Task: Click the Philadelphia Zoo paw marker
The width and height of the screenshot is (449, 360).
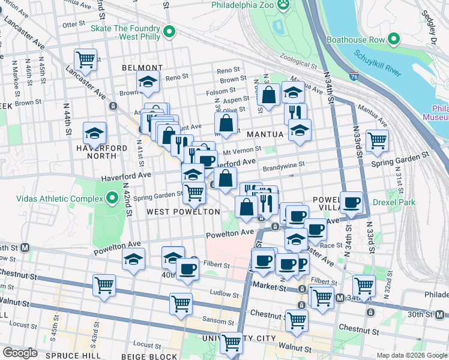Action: click(x=283, y=5)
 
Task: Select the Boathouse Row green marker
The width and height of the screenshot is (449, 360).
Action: click(x=394, y=40)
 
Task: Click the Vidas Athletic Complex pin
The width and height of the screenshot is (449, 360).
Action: click(x=112, y=197)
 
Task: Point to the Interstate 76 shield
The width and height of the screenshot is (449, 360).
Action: click(x=354, y=77)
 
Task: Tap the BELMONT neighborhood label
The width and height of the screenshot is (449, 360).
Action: click(x=142, y=68)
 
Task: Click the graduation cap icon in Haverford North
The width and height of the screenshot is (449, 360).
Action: click(x=95, y=133)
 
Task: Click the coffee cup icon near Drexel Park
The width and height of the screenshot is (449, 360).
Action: click(x=351, y=202)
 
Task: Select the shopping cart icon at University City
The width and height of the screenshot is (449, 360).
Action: click(x=231, y=343)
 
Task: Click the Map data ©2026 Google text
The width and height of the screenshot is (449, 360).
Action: click(x=411, y=355)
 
